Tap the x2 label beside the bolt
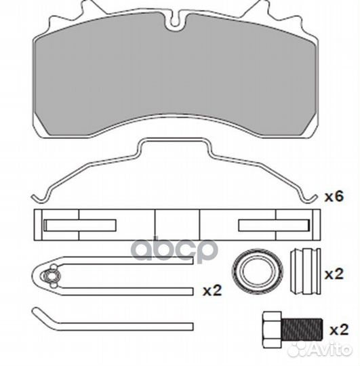pos(339,330)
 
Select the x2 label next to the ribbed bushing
pos(334,274)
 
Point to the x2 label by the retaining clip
pos(212,291)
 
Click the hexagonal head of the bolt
pos(272,329)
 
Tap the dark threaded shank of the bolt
pos(302,329)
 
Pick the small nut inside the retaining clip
pos(50,276)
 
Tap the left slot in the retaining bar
pos(80,225)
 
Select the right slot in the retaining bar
pos(275,225)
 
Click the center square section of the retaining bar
pos(177,225)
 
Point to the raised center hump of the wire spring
pos(175,141)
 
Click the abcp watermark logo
pos(176,249)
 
